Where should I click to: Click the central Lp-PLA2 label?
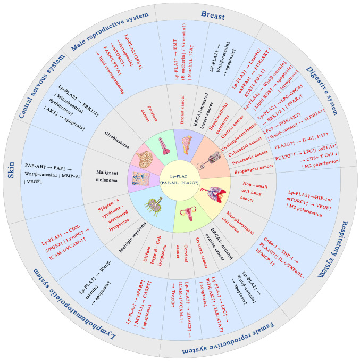click(x=180, y=180)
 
